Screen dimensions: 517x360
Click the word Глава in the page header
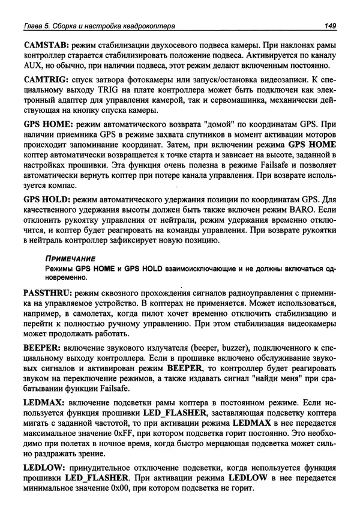[x=31, y=25]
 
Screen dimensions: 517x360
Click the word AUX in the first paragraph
[x=33, y=65]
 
